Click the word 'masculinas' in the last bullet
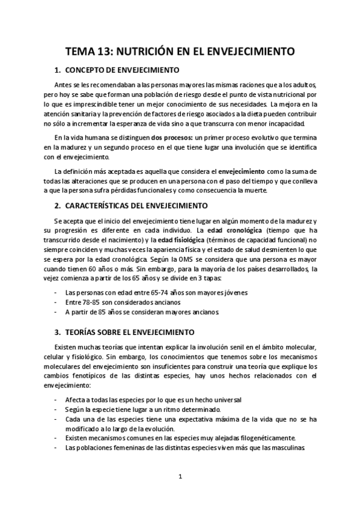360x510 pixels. (x=290, y=447)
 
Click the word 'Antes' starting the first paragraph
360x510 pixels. (x=63, y=85)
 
